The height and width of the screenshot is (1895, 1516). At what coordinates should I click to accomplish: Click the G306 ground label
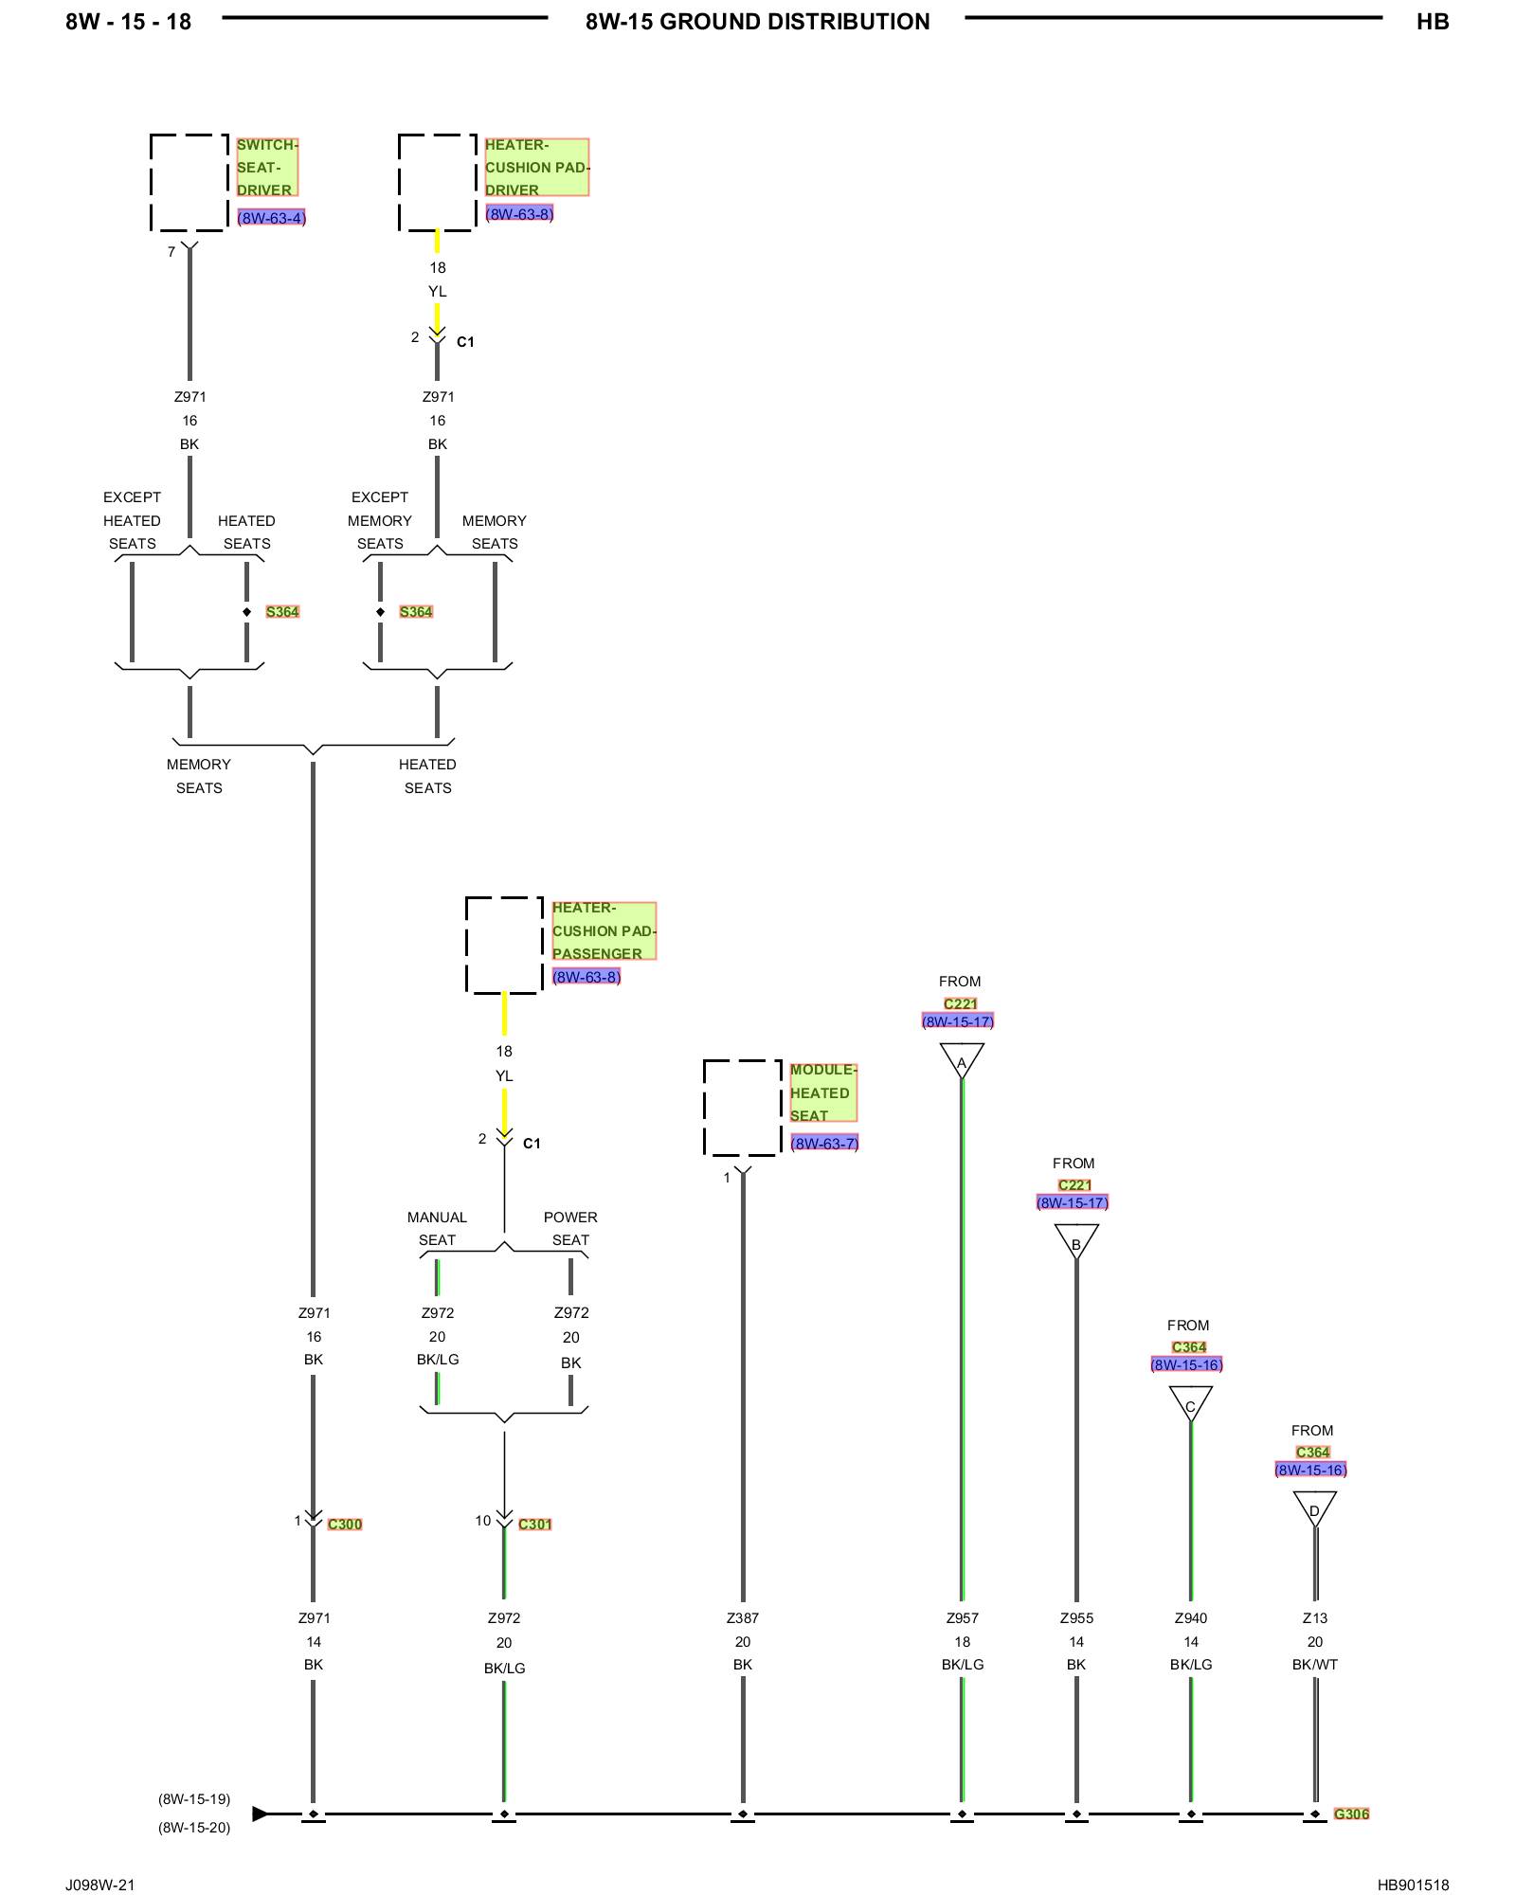point(1351,1814)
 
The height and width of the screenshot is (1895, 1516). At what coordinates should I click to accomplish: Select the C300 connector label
point(345,1524)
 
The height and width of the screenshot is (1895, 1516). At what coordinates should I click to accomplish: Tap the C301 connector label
point(535,1524)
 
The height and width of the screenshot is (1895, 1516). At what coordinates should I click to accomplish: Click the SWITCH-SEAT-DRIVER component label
point(267,167)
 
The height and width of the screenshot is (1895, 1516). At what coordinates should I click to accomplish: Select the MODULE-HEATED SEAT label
point(823,1092)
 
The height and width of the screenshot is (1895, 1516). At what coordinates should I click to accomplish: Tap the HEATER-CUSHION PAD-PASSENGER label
point(604,930)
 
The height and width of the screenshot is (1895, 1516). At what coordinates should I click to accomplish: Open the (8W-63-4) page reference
point(271,218)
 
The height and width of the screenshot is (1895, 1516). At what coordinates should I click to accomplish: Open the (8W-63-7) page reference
point(824,1143)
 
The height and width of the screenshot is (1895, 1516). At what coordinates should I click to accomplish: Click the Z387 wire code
point(743,1618)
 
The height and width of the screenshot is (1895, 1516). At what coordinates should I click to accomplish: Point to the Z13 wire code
point(1315,1618)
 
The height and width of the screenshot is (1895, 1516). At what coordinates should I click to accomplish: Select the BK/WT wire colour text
point(1315,1665)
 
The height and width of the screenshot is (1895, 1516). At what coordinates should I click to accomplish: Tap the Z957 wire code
point(962,1618)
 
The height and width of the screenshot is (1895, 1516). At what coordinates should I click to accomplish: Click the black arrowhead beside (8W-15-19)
point(260,1814)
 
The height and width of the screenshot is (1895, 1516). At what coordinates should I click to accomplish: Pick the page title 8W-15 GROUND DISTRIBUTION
point(758,22)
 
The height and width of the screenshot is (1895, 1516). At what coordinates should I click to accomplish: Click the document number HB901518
point(1413,1885)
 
